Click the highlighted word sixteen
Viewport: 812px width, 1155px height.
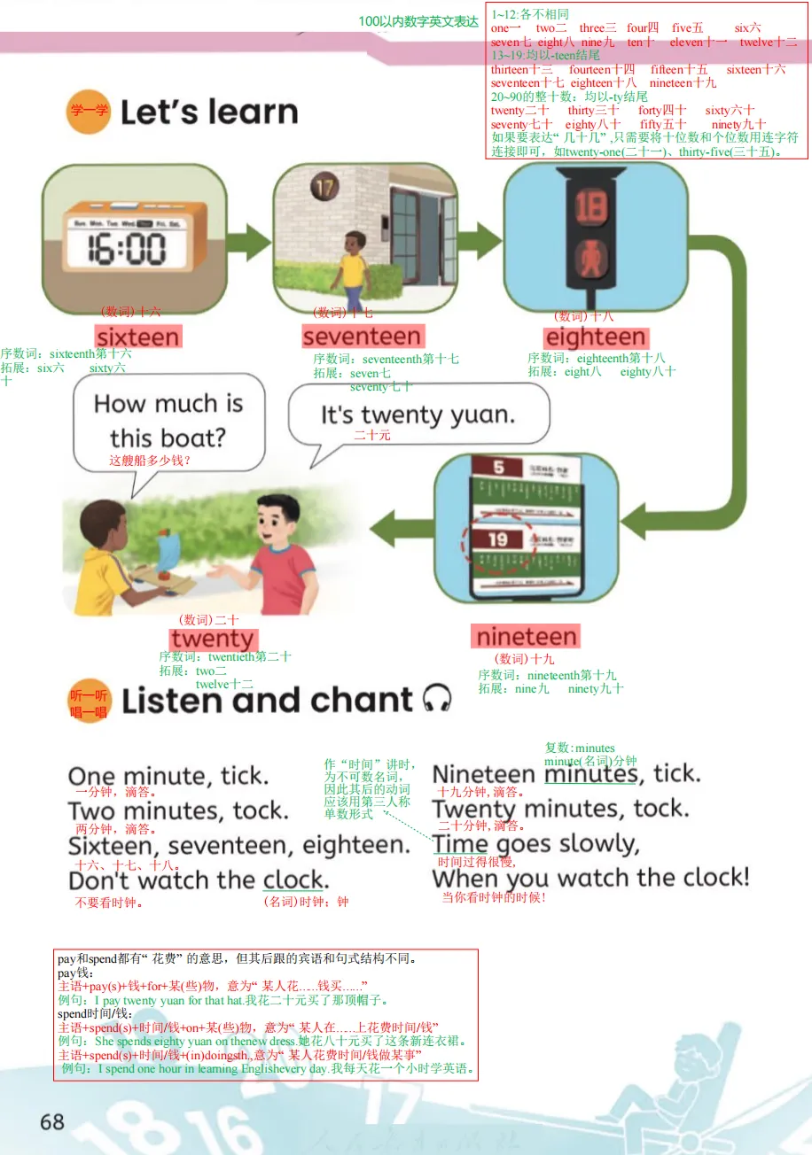tap(137, 337)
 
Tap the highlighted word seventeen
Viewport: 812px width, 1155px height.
tap(362, 337)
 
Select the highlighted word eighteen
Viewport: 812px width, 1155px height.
tap(596, 337)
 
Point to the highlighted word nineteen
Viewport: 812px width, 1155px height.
tap(527, 637)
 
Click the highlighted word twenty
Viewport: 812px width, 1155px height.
tap(213, 640)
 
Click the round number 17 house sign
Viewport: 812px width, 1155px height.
tap(323, 188)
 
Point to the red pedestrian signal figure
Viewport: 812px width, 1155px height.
tap(589, 257)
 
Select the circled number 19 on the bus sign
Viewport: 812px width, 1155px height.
tap(496, 539)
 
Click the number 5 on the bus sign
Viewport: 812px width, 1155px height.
tap(498, 467)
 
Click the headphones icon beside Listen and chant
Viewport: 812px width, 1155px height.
tap(437, 699)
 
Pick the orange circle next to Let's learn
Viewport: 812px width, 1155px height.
tap(89, 112)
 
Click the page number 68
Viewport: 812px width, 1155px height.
tap(52, 1121)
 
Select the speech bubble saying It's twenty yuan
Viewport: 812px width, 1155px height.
tap(418, 415)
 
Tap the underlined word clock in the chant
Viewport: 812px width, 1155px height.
tap(293, 880)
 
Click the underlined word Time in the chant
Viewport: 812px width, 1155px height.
tap(460, 844)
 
